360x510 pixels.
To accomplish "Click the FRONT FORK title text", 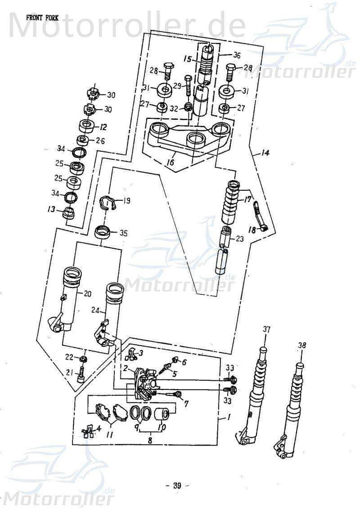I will point(43,18).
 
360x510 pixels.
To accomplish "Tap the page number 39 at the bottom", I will point(177,485).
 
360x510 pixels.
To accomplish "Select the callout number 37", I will point(267,330).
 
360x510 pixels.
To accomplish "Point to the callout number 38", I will point(302,346).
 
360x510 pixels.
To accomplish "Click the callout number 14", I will point(265,153).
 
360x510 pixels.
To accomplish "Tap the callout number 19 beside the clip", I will point(126,201).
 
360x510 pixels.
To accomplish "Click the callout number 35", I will point(123,233).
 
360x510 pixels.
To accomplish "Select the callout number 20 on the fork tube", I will point(87,294).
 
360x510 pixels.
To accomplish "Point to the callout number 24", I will point(94,310).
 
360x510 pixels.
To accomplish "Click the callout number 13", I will point(52,209).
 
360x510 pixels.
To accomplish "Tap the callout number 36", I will point(236,55).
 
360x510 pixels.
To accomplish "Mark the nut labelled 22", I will point(83,359).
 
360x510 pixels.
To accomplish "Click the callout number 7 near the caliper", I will point(186,403).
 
